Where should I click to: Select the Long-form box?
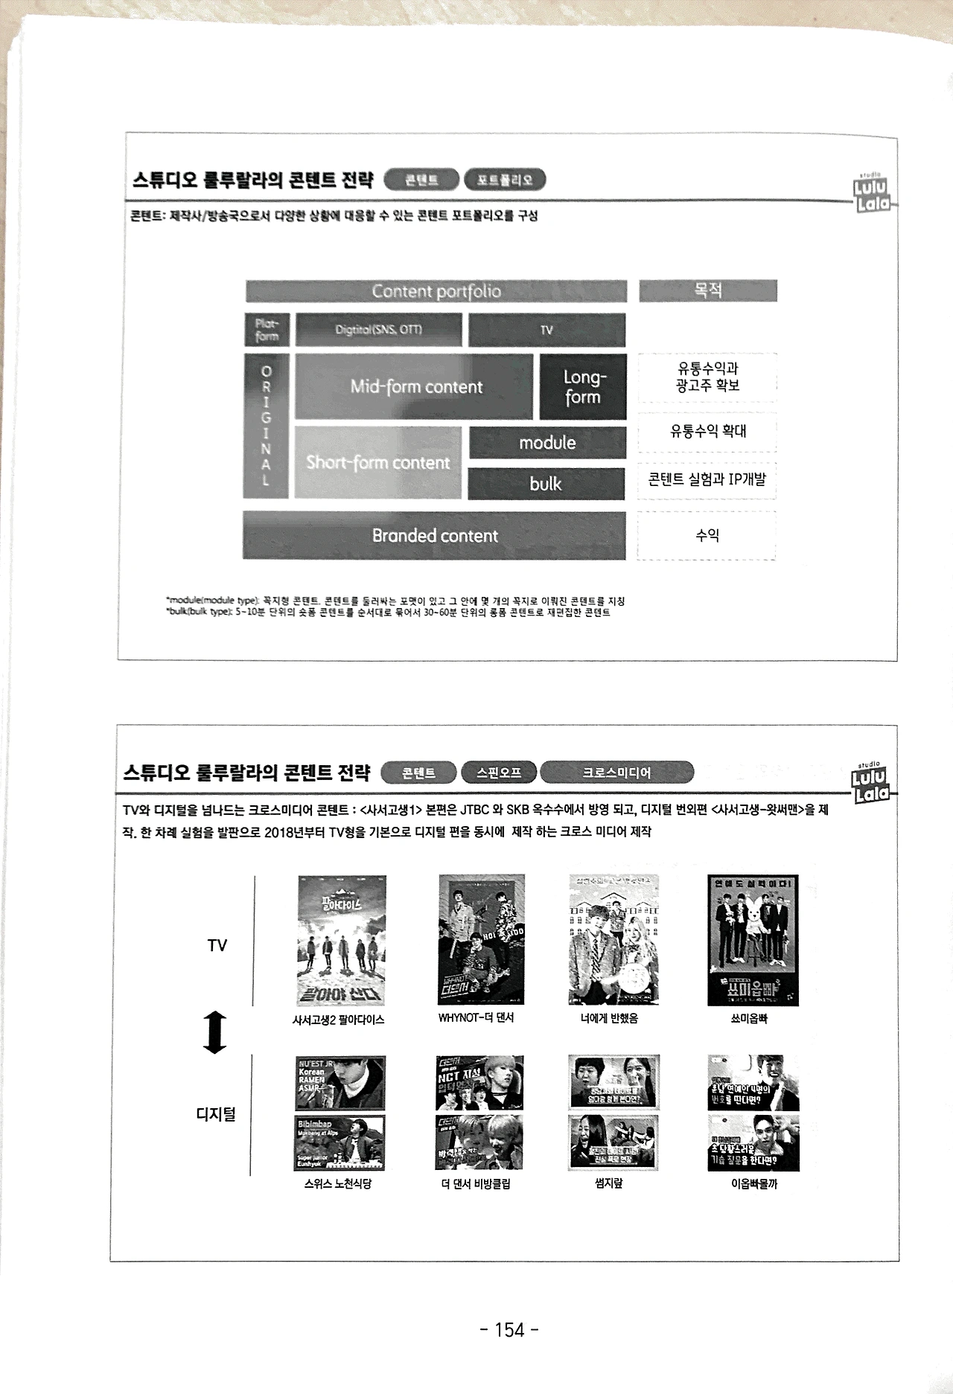[x=582, y=387]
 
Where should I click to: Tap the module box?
[x=547, y=443]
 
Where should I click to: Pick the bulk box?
[x=546, y=484]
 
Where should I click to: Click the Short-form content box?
[x=378, y=462]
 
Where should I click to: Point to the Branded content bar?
[x=434, y=535]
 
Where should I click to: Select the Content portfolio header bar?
[x=436, y=291]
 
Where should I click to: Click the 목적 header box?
[x=707, y=290]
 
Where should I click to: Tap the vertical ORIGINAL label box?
[x=266, y=426]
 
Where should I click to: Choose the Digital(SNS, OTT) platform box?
[x=378, y=330]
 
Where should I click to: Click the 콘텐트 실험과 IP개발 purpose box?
[x=707, y=479]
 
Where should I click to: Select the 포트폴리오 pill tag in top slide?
[x=505, y=179]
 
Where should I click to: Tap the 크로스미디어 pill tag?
[x=616, y=773]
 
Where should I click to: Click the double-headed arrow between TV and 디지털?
[x=215, y=1032]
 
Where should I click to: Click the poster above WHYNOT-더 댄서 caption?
[x=481, y=939]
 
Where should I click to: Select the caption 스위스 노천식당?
[x=337, y=1183]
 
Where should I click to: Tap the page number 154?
[x=509, y=1329]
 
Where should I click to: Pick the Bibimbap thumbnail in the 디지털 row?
[x=340, y=1142]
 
